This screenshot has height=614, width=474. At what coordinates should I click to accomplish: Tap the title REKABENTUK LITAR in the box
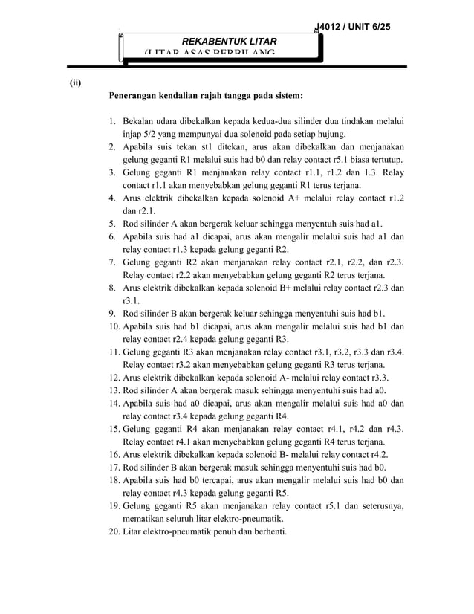(x=221, y=40)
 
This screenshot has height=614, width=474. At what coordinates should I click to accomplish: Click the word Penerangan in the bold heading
(x=137, y=96)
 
